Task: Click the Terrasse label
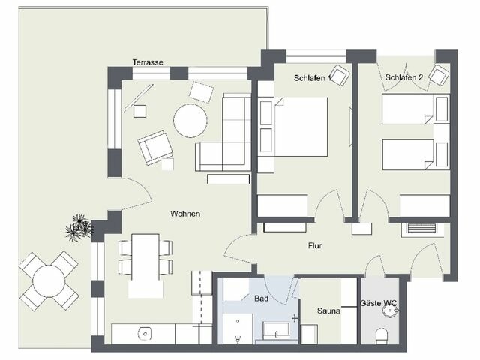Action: coord(148,62)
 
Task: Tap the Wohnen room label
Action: coord(184,214)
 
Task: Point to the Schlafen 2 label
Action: coord(404,78)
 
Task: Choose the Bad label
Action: coord(261,298)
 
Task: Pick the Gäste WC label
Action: coord(379,303)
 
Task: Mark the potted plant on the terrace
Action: coord(78,226)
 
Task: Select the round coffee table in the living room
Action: coord(190,120)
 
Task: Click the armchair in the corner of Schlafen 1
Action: coord(340,76)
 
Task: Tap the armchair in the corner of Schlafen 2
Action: coord(439,75)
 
